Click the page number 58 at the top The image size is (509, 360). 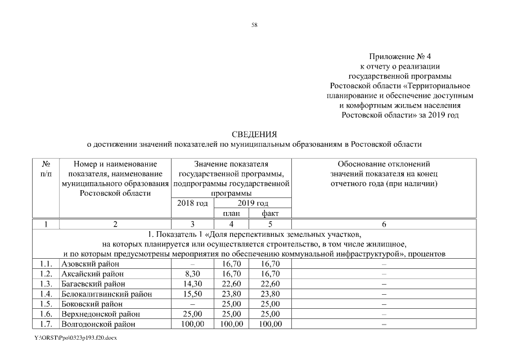(x=254, y=24)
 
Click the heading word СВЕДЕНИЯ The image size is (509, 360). (x=254, y=134)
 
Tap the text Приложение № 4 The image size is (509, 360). (x=401, y=57)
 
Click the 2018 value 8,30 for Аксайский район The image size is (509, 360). (x=192, y=273)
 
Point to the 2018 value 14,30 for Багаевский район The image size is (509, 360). (x=192, y=283)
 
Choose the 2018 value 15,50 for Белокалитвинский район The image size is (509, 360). (x=192, y=294)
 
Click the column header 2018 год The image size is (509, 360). (x=192, y=203)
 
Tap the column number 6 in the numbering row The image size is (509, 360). (x=384, y=224)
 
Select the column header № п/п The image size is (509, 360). (x=46, y=169)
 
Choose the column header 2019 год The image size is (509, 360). (x=252, y=203)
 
